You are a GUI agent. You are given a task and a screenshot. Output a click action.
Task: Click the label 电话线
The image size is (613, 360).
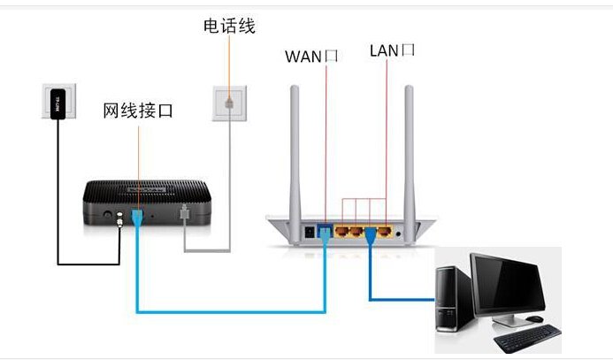click(x=228, y=27)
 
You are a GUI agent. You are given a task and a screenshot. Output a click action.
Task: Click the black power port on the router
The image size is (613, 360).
click(x=309, y=233)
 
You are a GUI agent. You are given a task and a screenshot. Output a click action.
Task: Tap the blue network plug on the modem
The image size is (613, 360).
click(x=137, y=218)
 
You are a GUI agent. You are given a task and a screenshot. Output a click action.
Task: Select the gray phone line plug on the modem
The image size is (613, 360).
click(x=184, y=216)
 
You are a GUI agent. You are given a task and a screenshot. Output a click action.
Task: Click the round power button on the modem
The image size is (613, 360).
click(x=107, y=214)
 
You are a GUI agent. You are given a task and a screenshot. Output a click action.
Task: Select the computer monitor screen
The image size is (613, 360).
click(x=509, y=282)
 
